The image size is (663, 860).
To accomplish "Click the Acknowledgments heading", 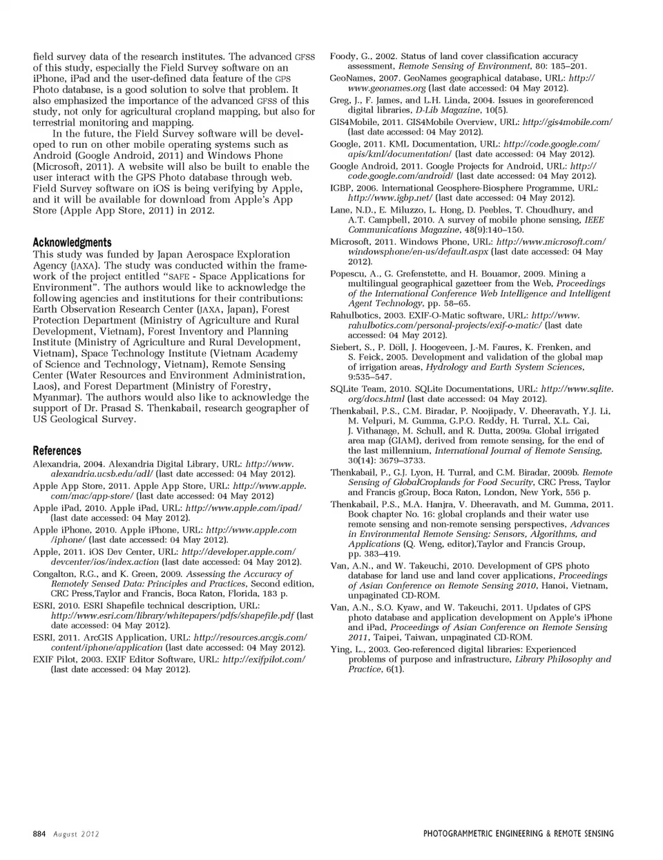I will pos(72,242).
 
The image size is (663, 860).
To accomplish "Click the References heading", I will pos(57,450).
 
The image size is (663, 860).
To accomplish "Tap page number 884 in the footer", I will pos(39,834).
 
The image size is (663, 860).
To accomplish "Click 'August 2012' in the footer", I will pos(77,834).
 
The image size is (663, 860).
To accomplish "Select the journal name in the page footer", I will pos(518,834).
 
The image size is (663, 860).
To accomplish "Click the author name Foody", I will pos(343,56).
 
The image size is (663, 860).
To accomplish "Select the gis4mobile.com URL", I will pos(567,122).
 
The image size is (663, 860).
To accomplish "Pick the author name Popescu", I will pos(348,274).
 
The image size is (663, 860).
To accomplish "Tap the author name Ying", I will pos(340,649).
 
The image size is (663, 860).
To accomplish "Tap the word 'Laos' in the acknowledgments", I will pos(45,386).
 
